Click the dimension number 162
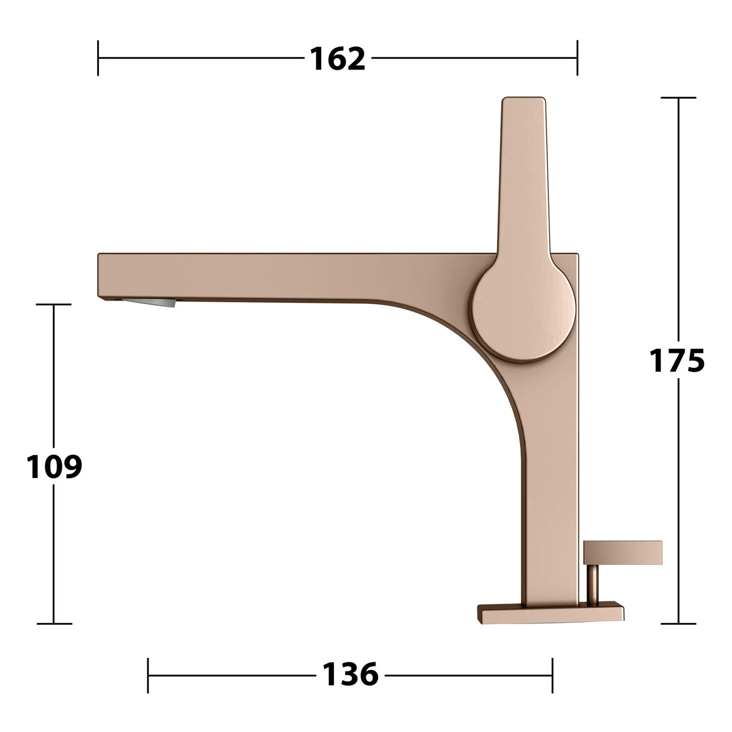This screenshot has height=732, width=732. point(338,59)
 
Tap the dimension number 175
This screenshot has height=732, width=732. point(677,361)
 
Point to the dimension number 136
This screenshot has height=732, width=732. point(350,675)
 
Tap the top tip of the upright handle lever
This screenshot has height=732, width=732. point(523,98)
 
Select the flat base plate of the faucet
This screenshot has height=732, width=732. point(551,614)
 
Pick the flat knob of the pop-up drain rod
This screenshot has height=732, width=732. point(623,552)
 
